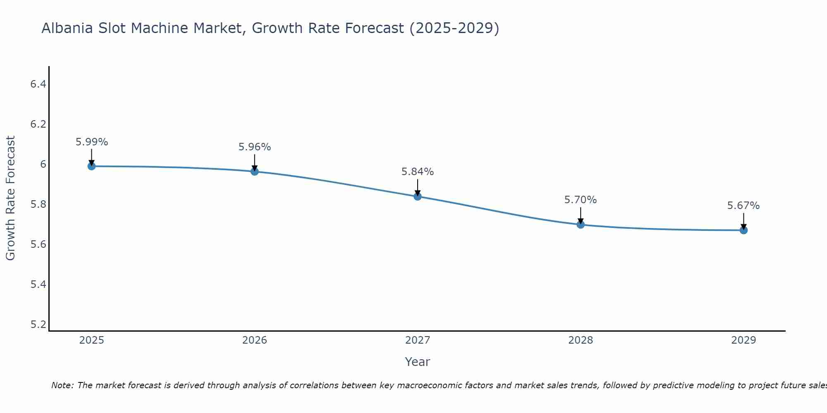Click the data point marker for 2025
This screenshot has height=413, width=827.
91,166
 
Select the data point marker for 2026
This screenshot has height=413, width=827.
255,171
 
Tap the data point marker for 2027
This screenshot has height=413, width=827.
418,196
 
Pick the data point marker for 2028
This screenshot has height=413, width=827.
581,224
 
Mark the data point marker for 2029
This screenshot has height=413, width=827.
743,230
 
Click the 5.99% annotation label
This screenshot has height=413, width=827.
91,142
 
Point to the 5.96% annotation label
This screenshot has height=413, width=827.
255,147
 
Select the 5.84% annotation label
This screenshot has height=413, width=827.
418,172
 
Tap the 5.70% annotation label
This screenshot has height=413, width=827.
581,200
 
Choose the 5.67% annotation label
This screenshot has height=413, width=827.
743,206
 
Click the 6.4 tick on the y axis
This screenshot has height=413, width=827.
38,84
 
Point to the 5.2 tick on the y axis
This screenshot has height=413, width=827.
38,325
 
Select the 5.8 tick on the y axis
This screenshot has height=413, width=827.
38,204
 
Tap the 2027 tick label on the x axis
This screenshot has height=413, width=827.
418,340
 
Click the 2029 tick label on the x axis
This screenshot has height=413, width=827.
743,340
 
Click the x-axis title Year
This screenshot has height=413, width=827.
418,362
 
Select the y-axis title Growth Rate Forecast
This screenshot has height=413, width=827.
10,198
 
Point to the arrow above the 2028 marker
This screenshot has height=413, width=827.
581,215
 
